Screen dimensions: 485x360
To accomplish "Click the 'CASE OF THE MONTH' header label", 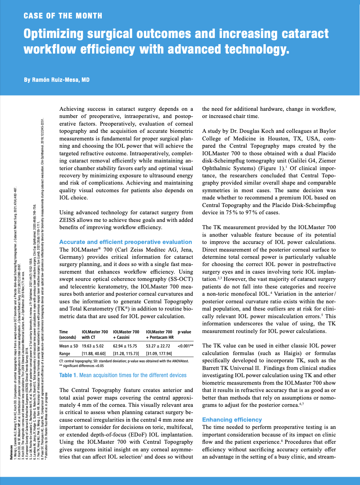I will pos(63,16).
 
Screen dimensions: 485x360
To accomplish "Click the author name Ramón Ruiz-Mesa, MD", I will pos(57,80).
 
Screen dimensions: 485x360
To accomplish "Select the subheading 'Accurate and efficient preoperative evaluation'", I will pos(126,242).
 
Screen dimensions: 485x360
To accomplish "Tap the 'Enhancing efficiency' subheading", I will pos(232,419).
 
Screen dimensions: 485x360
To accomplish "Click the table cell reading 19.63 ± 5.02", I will pos(93,346).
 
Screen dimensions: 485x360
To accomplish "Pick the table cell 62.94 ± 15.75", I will pos(125,346).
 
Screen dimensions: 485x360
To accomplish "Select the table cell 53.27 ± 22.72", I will pos(158,346).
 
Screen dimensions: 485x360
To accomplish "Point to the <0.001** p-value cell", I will pos(185,346).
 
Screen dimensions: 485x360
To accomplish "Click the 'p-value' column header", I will pos(184,332).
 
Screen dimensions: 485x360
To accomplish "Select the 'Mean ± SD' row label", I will pos(68,346).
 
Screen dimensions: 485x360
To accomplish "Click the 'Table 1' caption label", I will pos(68,375).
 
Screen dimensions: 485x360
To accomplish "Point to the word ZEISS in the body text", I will pos(69,220).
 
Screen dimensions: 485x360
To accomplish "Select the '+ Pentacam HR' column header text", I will pos(160,337).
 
